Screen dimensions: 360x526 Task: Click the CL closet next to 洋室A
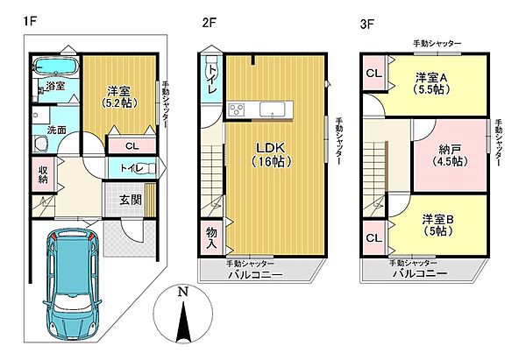[x=373, y=73]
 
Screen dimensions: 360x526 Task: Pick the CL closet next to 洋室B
[x=373, y=238]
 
